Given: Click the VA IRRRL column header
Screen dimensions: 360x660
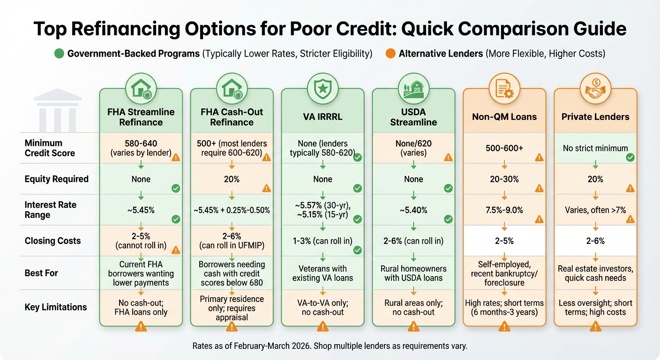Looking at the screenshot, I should pos(322,117).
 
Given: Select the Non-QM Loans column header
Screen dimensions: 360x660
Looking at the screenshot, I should pos(504,117).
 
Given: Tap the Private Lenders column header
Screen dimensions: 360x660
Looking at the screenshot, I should pos(595,117).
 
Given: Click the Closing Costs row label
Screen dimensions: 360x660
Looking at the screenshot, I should pos(52,241).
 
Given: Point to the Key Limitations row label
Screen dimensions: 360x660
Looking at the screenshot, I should pos(56,307).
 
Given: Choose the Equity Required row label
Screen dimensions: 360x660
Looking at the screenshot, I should pos(56,179).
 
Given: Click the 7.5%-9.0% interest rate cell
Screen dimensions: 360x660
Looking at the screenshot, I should pos(504,210).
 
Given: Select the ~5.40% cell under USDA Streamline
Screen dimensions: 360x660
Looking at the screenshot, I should pos(413,210).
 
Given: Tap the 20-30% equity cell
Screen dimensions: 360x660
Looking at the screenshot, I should pos(504,179).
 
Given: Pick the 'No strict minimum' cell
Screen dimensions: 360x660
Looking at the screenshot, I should pos(595,148).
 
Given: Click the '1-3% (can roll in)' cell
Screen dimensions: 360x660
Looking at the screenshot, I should pos(322,241).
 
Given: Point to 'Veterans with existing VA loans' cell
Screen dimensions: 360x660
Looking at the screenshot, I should pos(322,274).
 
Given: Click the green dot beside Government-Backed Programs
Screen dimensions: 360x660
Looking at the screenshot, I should pos(59,54).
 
